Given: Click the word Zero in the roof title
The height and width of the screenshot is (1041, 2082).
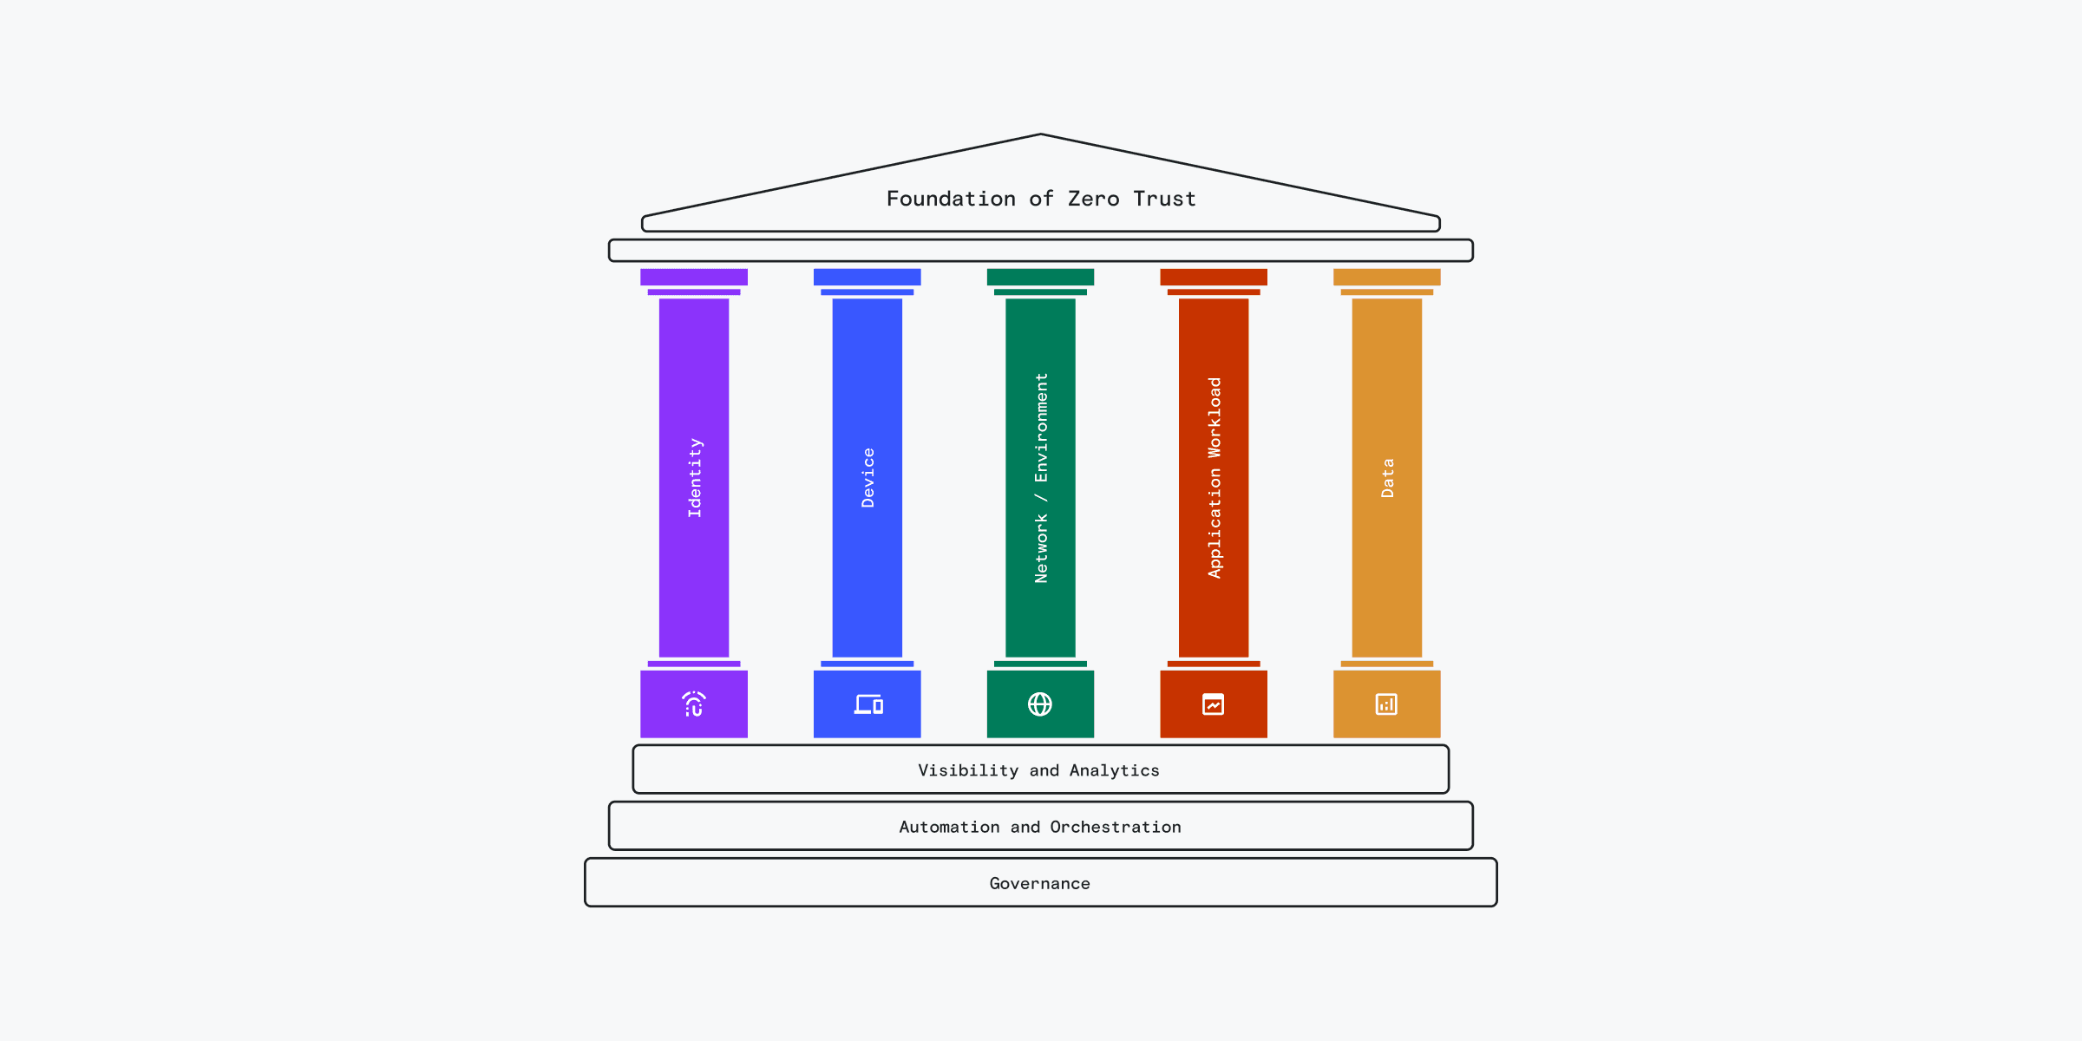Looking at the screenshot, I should [1093, 200].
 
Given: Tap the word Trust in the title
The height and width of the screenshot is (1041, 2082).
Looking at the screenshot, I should [1164, 200].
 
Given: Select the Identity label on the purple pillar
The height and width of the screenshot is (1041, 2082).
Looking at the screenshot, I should [695, 478].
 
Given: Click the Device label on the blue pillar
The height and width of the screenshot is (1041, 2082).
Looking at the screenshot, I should [867, 478].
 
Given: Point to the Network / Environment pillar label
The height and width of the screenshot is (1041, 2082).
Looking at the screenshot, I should [1041, 478].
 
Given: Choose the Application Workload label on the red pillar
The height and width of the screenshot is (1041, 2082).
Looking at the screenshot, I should [1214, 478].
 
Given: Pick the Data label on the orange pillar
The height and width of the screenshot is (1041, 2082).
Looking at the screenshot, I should [1387, 478].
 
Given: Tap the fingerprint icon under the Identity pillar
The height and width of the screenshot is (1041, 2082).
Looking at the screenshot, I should [694, 704].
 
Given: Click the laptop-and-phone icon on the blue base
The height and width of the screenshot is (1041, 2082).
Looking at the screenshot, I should [867, 704].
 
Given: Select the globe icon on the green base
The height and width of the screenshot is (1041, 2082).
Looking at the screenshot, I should [1040, 704].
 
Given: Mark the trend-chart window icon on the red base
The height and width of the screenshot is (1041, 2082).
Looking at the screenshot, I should [1214, 704].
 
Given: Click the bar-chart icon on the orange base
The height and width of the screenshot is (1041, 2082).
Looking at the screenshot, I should [1386, 704].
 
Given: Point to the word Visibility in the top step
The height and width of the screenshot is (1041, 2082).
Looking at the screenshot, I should [968, 770].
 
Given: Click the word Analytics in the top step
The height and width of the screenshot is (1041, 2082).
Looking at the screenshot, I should [1114, 770].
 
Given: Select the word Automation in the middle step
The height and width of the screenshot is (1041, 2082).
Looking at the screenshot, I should [949, 827].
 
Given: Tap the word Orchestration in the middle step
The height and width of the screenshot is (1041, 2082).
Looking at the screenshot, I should [1116, 827].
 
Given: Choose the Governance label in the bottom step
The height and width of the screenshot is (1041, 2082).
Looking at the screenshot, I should [1040, 883].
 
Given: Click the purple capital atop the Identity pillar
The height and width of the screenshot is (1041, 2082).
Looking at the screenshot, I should [694, 278].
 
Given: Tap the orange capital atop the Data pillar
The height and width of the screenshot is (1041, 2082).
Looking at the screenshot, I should [1386, 278].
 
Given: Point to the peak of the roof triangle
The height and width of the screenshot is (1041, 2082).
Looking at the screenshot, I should [1041, 135].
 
